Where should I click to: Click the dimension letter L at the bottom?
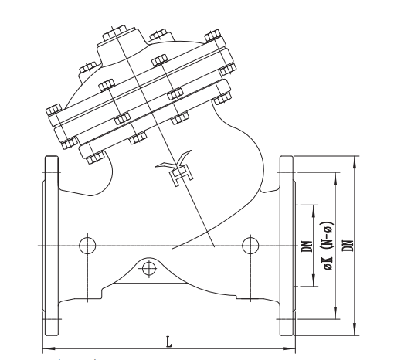coord(168,341)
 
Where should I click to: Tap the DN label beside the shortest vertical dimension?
coord(307,246)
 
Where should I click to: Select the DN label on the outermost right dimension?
coord(349,246)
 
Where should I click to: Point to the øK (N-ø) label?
coord(328,246)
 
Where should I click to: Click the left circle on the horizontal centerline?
coord(87,246)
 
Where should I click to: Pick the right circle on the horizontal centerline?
coord(250,246)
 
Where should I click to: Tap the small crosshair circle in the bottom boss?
coord(149,269)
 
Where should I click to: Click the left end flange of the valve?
coord(51,246)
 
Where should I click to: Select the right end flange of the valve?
coord(287,246)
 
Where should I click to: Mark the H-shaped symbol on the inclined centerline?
coord(181,176)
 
